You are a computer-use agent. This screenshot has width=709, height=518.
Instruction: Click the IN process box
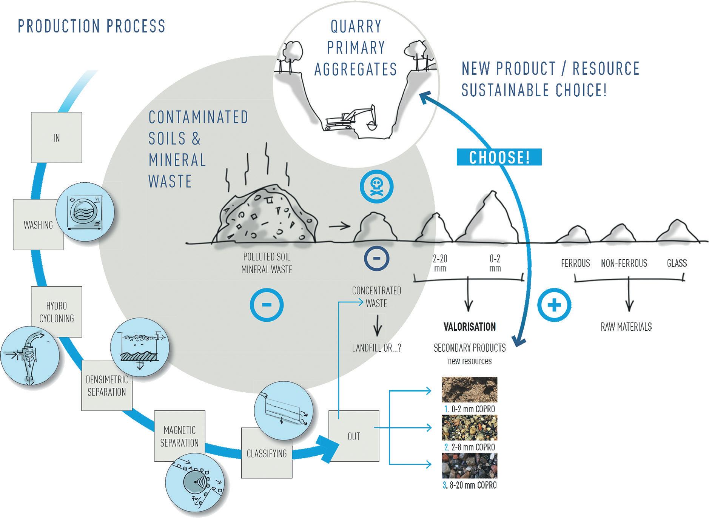tap(56, 137)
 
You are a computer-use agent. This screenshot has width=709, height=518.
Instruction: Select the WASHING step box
tap(38, 225)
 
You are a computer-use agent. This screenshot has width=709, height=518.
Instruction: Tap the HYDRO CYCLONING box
tap(56, 311)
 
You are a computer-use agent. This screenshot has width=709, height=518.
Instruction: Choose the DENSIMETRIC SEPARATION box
tap(106, 385)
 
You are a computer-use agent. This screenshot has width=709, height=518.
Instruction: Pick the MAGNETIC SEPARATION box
tap(179, 436)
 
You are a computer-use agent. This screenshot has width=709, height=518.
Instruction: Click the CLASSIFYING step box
tap(267, 453)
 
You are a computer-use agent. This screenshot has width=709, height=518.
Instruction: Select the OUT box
tap(353, 436)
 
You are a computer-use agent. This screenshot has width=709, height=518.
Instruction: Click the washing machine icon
tap(85, 212)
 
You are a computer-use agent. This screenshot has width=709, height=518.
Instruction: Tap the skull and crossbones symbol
tap(376, 187)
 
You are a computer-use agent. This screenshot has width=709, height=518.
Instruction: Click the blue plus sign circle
tap(554, 305)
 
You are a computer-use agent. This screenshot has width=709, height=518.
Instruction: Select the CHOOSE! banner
tap(499, 157)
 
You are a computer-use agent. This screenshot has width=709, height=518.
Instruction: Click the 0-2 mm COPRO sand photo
tap(470, 390)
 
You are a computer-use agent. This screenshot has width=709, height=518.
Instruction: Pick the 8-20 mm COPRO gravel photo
tap(470, 466)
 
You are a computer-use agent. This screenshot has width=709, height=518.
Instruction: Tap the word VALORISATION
tap(470, 327)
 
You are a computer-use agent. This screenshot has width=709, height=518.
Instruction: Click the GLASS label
tap(677, 263)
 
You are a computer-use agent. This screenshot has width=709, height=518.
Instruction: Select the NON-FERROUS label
tap(624, 263)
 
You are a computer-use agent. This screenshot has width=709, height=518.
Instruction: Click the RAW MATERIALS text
tap(626, 327)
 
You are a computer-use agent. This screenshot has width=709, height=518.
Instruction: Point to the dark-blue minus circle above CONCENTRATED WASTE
tap(376, 259)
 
